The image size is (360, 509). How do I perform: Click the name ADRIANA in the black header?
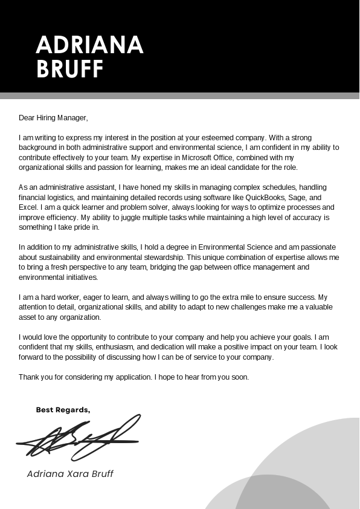(x=89, y=45)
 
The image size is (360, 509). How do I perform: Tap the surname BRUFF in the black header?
(x=70, y=70)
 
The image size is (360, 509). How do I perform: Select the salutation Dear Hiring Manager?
(x=53, y=118)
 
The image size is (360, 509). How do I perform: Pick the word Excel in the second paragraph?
(x=28, y=207)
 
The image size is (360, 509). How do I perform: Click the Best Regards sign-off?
(x=63, y=410)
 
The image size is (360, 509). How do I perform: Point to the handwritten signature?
(x=79, y=436)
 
